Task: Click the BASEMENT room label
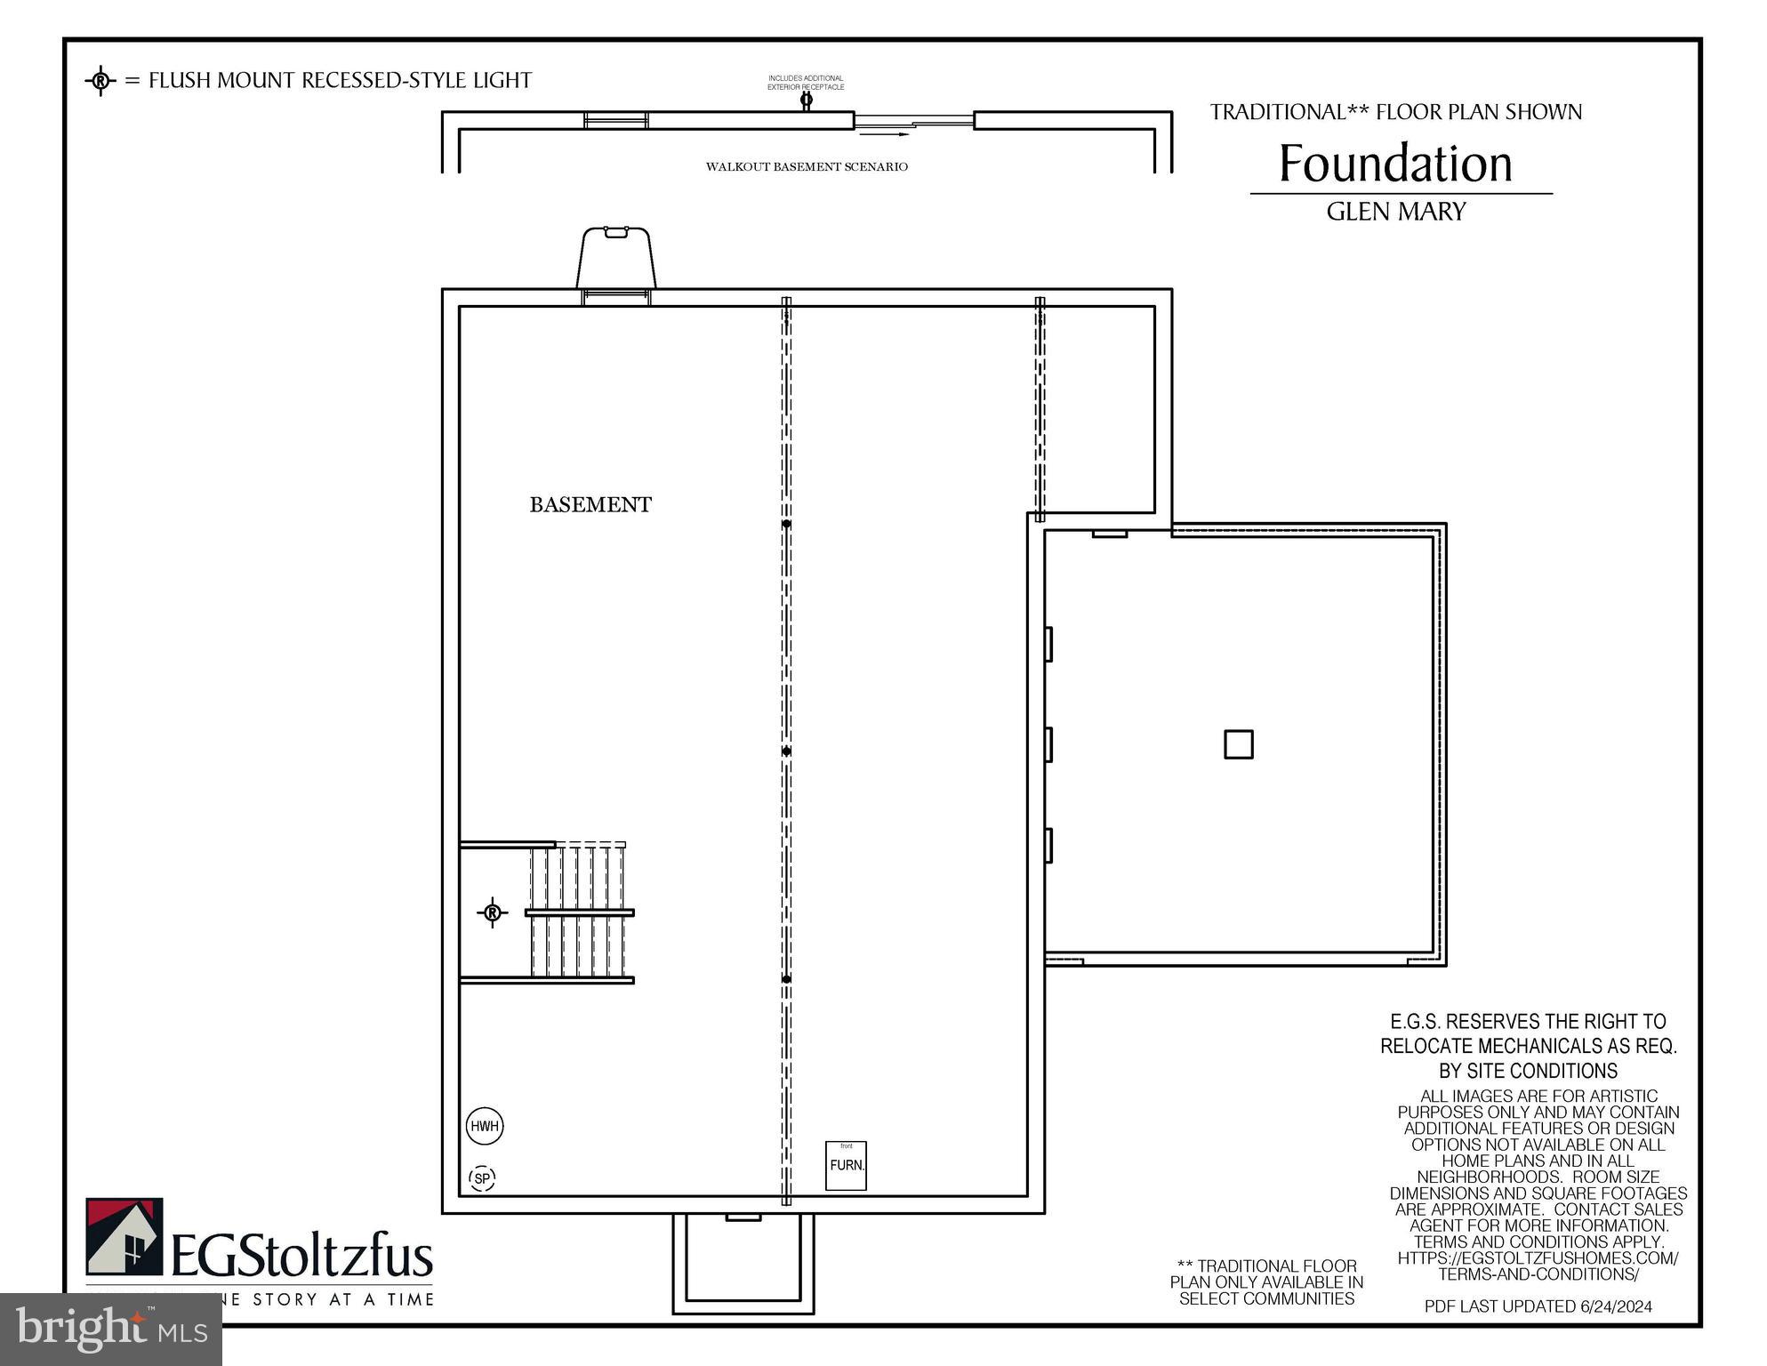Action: coord(590,505)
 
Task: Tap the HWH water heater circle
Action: coord(485,1127)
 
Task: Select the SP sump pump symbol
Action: coord(482,1179)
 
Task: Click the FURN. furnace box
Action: coord(847,1165)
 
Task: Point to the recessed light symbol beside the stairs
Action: coord(493,912)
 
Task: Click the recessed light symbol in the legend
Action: coord(100,81)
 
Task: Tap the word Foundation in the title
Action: coord(1394,165)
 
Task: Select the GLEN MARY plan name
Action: coord(1395,212)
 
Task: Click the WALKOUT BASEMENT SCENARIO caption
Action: coord(807,167)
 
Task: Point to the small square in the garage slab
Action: coord(1239,744)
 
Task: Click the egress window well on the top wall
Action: coord(616,258)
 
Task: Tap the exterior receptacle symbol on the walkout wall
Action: coord(807,100)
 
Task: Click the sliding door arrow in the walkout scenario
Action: coord(897,134)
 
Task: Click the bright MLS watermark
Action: coord(111,1330)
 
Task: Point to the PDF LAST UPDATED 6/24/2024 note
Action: coord(1538,1306)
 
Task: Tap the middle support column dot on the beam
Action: coord(786,751)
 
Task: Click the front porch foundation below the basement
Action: coord(743,1263)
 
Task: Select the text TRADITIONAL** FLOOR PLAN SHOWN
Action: coord(1395,113)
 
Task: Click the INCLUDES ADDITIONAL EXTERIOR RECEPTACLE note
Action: coord(806,83)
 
